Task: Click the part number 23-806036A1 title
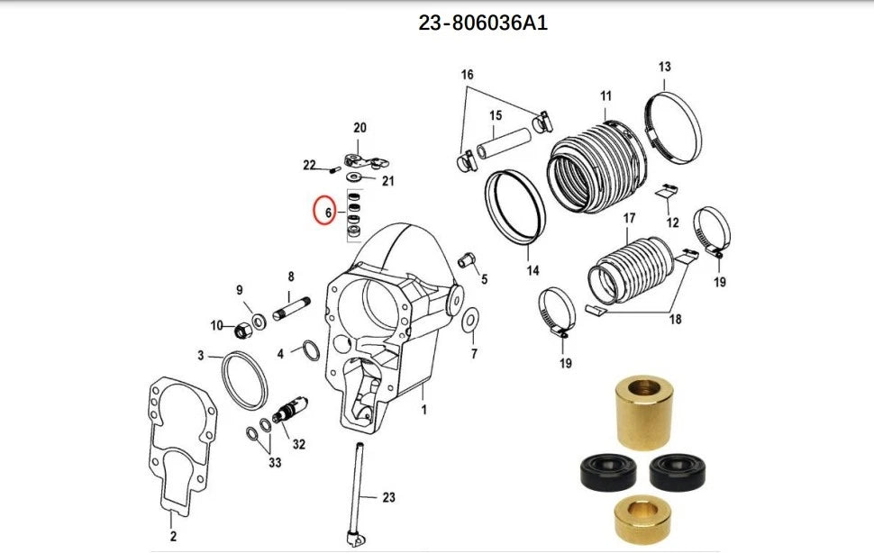coord(482,23)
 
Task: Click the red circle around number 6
coord(325,211)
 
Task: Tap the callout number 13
coord(664,67)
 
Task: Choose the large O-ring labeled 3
coord(244,380)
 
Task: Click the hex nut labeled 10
coord(241,331)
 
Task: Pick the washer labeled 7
coord(470,321)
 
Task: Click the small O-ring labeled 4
coord(307,351)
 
